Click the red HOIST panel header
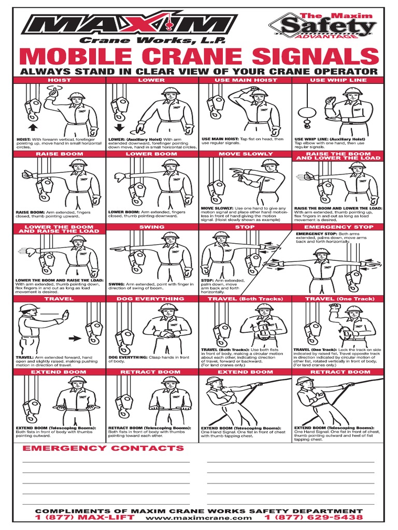(60, 80)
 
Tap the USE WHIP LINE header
(338, 80)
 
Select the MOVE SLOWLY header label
(246, 154)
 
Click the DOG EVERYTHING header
(152, 299)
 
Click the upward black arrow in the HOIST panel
(32, 126)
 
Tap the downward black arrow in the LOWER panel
(119, 127)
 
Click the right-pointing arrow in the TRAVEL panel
(75, 338)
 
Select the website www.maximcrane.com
(199, 518)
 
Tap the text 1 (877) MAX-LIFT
(84, 517)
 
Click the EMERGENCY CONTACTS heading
(103, 448)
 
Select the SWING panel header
(152, 227)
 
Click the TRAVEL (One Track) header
(338, 299)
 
